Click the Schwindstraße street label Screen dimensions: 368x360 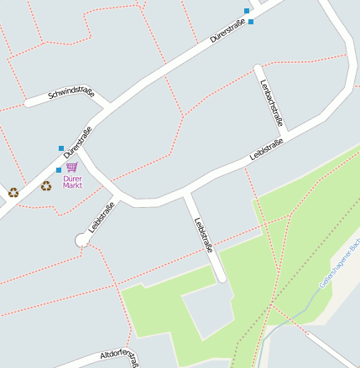[x=71, y=92]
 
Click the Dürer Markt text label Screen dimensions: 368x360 [x=72, y=181]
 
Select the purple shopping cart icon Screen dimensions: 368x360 [x=71, y=168]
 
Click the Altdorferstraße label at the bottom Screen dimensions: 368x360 [x=117, y=355]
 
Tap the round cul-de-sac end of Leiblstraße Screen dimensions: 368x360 [x=82, y=241]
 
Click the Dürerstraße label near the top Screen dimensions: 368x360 [x=232, y=34]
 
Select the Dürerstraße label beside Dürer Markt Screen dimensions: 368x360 [x=77, y=143]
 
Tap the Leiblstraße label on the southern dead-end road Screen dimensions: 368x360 [x=203, y=236]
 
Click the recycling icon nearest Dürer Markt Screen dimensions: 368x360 [x=46, y=185]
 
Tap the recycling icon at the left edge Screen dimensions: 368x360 [x=13, y=192]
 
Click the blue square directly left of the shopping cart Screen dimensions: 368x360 [x=58, y=170]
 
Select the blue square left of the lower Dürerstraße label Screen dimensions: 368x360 [x=61, y=148]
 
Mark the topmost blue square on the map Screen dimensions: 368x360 [x=247, y=11]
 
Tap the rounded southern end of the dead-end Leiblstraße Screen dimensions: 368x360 [x=222, y=277]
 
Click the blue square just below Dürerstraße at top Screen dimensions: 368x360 [x=251, y=22]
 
